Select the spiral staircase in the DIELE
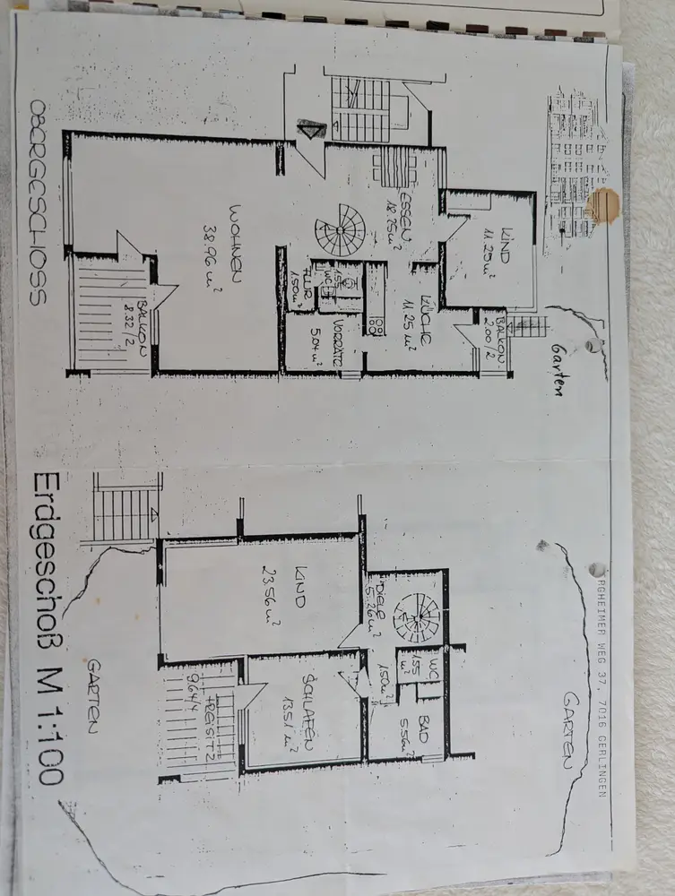pos(416,616)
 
